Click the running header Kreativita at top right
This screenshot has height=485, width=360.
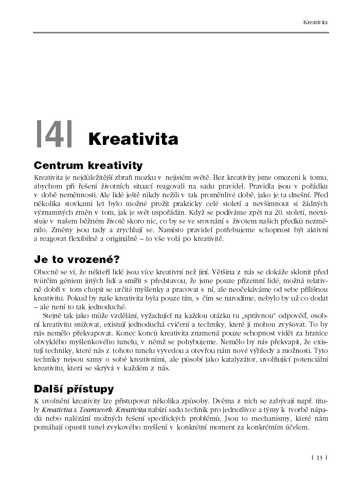pos(315,23)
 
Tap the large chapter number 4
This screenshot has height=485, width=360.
pos(54,135)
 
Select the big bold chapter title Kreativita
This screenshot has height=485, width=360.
pos(133,139)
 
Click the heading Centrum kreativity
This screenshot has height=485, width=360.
pos(87,165)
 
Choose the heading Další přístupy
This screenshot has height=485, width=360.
pos(74,388)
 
